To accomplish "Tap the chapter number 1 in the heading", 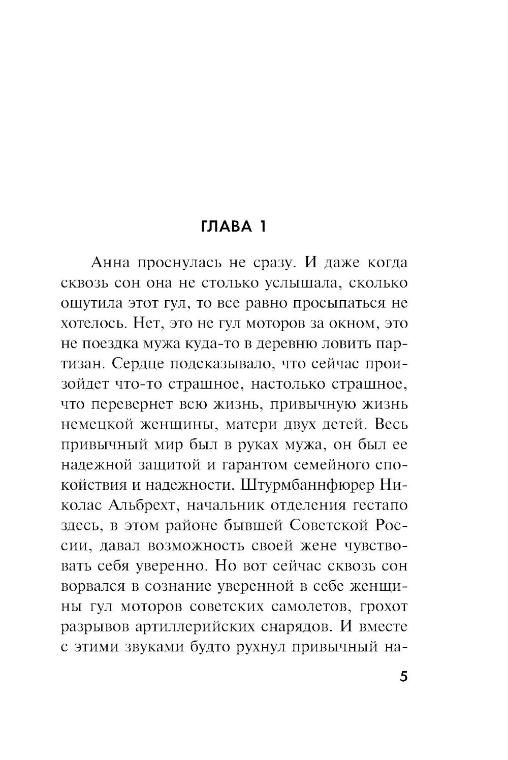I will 262,227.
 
